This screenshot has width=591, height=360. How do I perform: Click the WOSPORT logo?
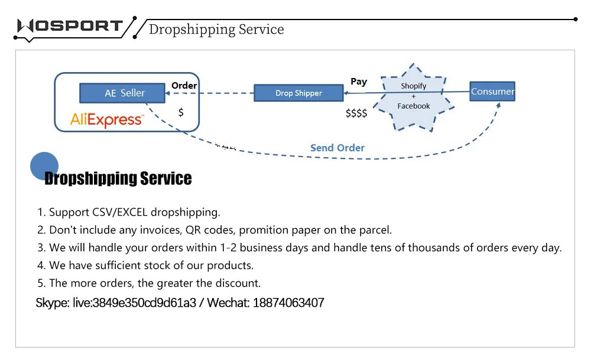coord(70,26)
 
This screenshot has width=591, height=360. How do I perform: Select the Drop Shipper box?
coord(298,93)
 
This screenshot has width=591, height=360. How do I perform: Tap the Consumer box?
coord(492,91)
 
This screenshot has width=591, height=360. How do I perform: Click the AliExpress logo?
coord(106,120)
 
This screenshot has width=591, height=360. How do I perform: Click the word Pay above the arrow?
coord(359,82)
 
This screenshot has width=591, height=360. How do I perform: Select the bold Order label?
coord(184,86)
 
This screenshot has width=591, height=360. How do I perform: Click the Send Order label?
coord(337,148)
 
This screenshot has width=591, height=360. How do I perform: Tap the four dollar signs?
coord(356,113)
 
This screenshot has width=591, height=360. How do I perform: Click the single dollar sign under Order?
coord(181,112)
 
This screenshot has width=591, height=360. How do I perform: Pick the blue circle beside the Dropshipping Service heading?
coord(44,166)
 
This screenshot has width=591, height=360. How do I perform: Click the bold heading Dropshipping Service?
coord(118,179)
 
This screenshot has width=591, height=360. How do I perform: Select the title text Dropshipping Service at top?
coord(216,30)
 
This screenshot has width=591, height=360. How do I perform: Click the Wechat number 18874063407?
coord(288,303)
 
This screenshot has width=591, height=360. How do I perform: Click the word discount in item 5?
coord(238,283)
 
